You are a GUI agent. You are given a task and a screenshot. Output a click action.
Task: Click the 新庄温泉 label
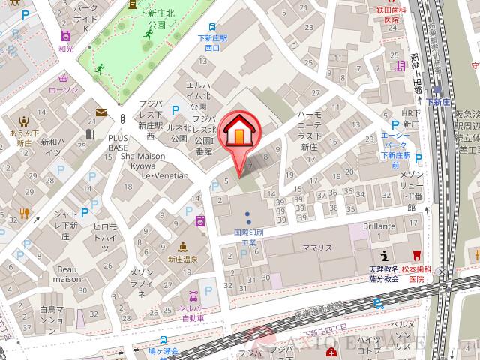click(182, 259)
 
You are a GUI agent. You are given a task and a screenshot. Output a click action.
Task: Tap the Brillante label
click(379, 226)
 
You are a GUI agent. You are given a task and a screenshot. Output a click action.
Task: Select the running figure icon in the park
click(99, 69)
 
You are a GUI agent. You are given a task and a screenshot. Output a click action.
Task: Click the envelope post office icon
click(100, 112)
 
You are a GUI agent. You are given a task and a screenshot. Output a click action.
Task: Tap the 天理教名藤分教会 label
click(384, 273)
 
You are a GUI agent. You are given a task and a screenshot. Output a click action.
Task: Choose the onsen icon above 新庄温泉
click(182, 245)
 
